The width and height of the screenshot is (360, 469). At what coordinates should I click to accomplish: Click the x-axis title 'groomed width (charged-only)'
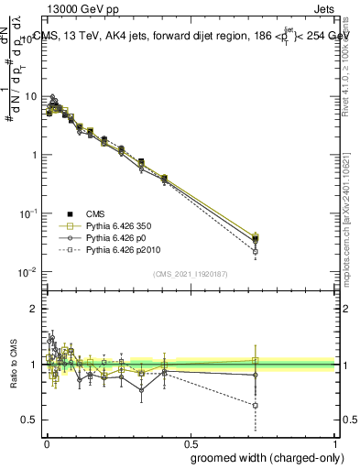point(262,456)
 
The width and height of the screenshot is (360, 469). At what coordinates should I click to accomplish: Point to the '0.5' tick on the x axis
point(191,442)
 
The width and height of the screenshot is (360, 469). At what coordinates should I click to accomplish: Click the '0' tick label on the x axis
point(47,442)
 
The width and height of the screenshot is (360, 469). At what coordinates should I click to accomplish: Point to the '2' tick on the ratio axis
point(33,309)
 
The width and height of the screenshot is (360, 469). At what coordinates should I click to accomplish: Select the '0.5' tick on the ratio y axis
point(29,420)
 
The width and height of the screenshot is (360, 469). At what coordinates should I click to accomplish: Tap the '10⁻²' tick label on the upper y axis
point(27,272)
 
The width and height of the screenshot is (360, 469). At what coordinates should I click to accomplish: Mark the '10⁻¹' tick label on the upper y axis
point(27,213)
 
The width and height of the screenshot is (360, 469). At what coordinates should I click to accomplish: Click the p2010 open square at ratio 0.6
point(256,404)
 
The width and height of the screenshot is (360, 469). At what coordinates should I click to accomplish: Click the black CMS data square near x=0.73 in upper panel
point(256,239)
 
